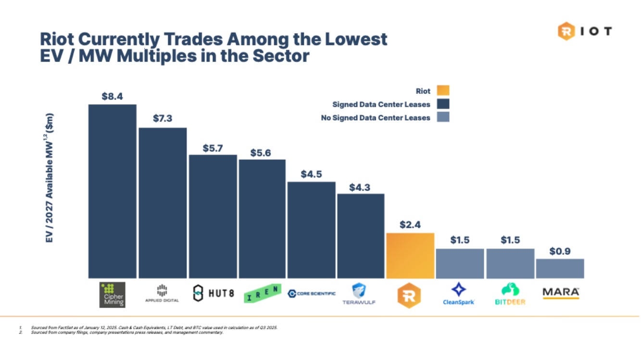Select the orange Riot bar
(x=410, y=256)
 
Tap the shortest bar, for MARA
(x=560, y=269)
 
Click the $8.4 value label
(x=112, y=97)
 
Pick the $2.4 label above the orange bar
(x=410, y=224)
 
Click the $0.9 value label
(x=560, y=251)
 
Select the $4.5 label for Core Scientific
(x=311, y=174)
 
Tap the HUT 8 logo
(x=213, y=293)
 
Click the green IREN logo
(x=262, y=293)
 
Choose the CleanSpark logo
(x=459, y=294)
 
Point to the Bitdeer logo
(x=510, y=294)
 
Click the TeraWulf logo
(x=359, y=294)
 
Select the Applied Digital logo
(x=162, y=293)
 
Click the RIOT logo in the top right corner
(x=585, y=32)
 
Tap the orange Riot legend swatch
(x=443, y=91)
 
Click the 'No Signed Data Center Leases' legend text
(x=375, y=118)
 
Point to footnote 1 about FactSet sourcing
(x=154, y=327)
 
